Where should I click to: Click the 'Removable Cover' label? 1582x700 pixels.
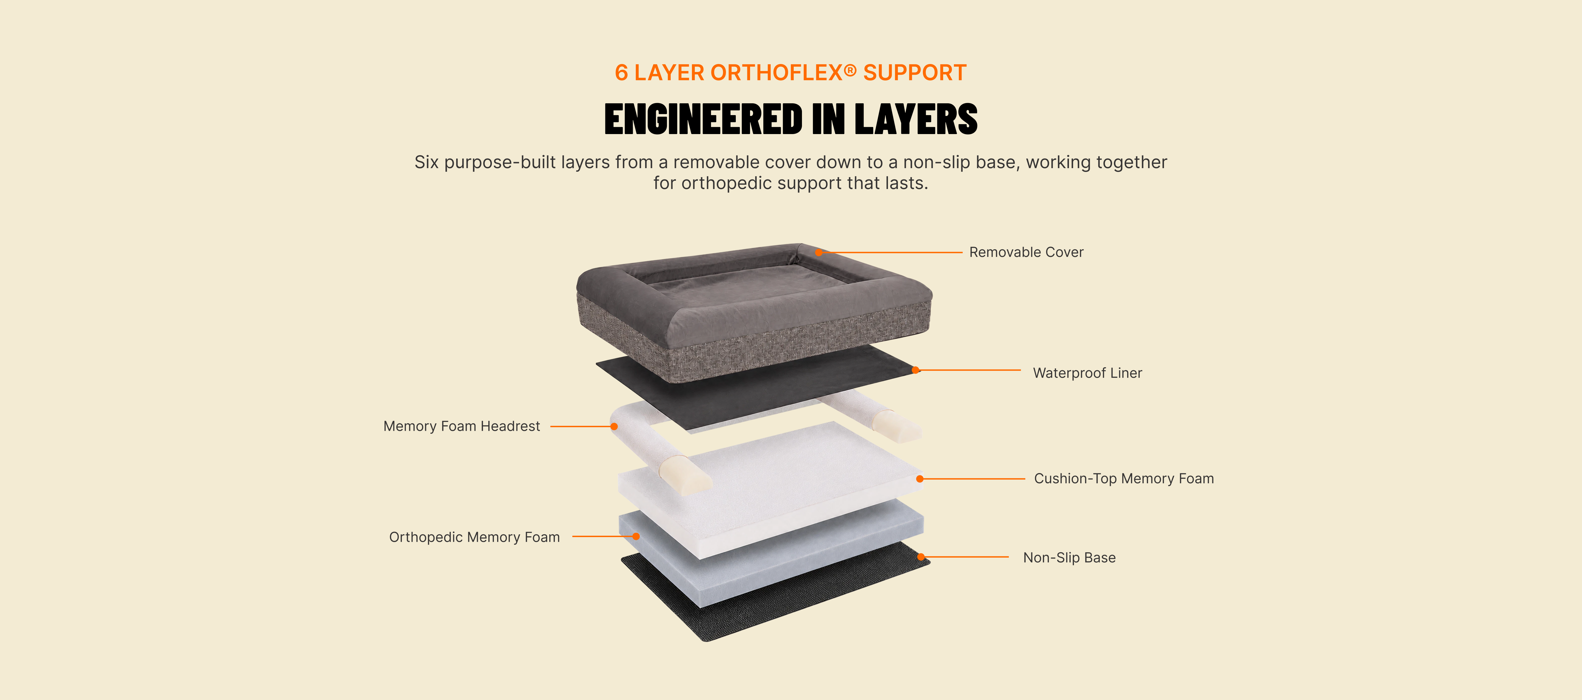pyautogui.click(x=1026, y=252)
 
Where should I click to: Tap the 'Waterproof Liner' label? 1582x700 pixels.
pyautogui.click(x=1088, y=373)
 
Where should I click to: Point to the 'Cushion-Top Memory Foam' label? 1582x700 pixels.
pyautogui.click(x=1124, y=479)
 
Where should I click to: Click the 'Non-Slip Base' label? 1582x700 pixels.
pyautogui.click(x=1069, y=557)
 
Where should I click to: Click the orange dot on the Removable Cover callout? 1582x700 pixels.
pyautogui.click(x=819, y=252)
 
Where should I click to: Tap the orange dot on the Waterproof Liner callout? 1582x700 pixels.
pyautogui.click(x=916, y=370)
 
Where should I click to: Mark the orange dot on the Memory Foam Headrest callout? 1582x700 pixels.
pyautogui.click(x=614, y=426)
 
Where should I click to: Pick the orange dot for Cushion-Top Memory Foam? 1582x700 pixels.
pyautogui.click(x=920, y=479)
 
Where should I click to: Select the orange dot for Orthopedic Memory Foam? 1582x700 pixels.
pyautogui.click(x=636, y=537)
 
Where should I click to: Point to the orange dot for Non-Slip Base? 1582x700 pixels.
pyautogui.click(x=921, y=557)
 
